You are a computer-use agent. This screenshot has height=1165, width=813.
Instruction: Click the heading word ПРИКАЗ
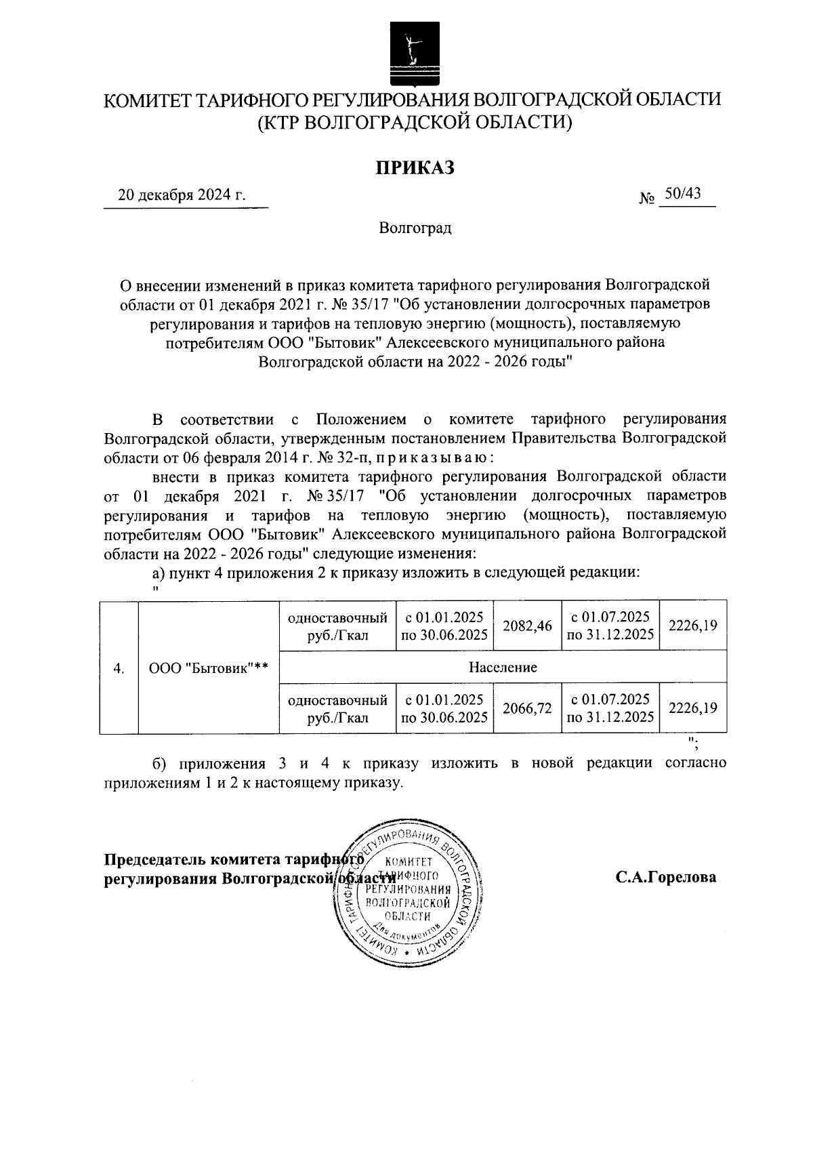point(415,167)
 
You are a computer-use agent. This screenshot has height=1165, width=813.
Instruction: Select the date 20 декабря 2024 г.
point(182,196)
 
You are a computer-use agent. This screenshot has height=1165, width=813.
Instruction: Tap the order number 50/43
point(682,195)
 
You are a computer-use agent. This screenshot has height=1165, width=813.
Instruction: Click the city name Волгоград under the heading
point(415,228)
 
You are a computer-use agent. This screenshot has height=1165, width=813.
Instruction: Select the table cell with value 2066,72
point(527,708)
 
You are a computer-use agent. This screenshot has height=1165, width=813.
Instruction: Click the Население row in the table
point(503,667)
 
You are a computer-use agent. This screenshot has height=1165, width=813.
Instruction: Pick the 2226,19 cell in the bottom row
point(692,708)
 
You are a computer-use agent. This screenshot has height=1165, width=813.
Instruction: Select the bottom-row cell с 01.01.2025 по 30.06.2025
point(444,708)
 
